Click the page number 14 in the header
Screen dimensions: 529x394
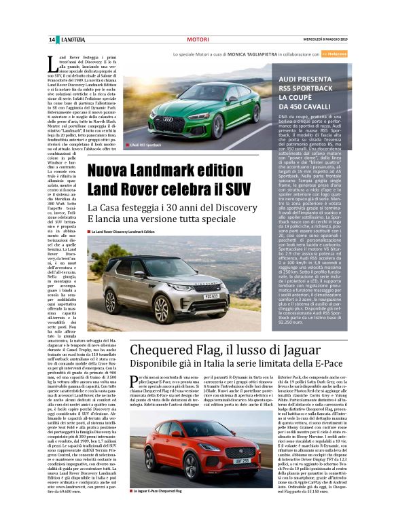51,39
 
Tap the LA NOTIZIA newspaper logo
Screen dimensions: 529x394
71,39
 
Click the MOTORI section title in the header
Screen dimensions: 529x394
197,40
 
